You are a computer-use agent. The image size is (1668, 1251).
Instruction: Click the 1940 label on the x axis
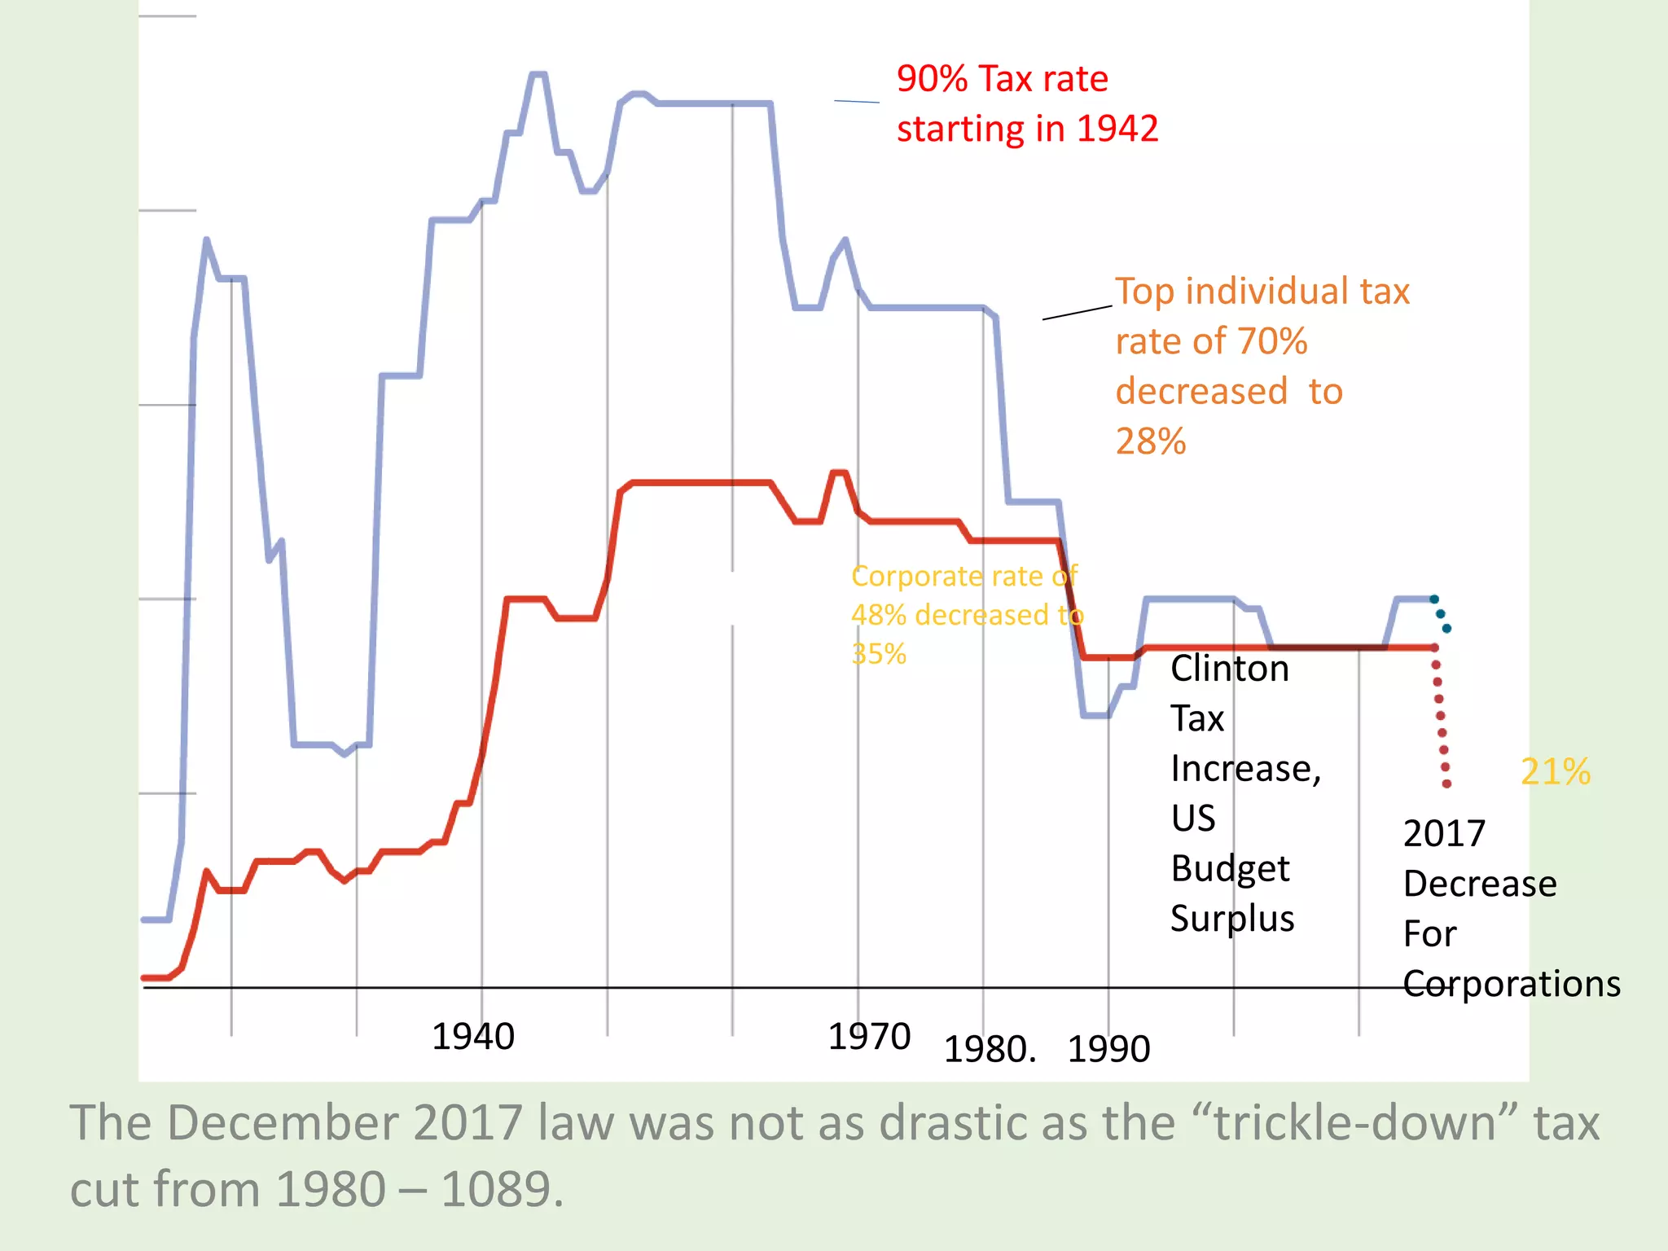(x=472, y=1037)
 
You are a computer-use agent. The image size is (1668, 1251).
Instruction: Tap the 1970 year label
(x=868, y=1037)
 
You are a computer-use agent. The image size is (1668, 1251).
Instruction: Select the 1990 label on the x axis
(x=1108, y=1049)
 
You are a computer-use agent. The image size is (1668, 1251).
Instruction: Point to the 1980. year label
(x=990, y=1049)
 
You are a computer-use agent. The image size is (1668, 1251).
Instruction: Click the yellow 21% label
(x=1555, y=771)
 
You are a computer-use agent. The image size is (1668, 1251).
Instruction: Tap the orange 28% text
(x=1150, y=441)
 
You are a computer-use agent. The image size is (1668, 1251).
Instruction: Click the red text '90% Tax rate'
(x=1002, y=79)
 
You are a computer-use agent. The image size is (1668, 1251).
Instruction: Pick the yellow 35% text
(x=878, y=654)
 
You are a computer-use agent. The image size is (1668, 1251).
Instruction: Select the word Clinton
(x=1229, y=669)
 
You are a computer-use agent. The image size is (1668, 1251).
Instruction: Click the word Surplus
(x=1231, y=919)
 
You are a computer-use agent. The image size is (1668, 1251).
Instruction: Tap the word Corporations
(x=1511, y=984)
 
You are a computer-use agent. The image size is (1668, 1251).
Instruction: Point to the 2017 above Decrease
(x=1444, y=833)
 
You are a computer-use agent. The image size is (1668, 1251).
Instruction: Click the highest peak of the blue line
(x=538, y=74)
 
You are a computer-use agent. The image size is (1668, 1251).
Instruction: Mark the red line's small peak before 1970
(x=839, y=472)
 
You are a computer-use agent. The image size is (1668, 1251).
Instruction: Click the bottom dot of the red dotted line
(x=1446, y=784)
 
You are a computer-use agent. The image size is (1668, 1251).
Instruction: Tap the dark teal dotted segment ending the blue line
(x=1441, y=614)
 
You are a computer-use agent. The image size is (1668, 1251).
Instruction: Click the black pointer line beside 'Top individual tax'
(x=1077, y=313)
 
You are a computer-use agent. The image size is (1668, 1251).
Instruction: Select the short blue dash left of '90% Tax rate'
(x=856, y=101)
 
